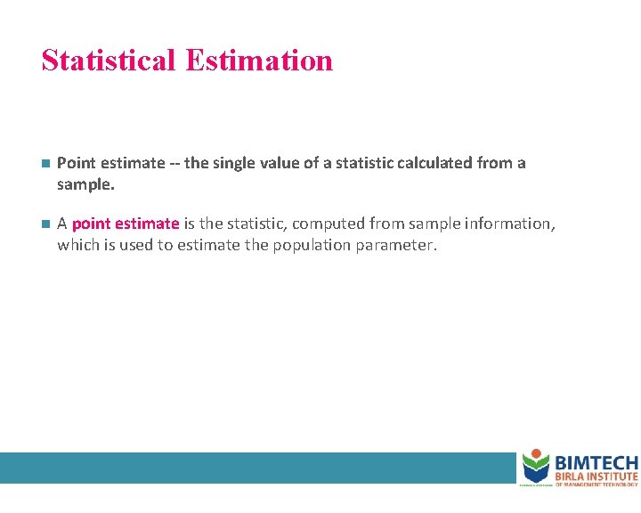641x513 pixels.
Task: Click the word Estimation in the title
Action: click(x=260, y=61)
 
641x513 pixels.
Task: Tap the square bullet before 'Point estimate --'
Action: click(x=45, y=164)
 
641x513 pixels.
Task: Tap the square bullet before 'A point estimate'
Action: click(x=45, y=224)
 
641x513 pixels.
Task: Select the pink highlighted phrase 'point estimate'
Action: click(x=126, y=224)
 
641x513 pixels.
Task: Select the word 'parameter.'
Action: click(x=396, y=244)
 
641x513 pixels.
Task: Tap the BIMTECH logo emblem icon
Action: click(x=536, y=466)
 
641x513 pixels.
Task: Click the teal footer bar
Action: click(x=258, y=468)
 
